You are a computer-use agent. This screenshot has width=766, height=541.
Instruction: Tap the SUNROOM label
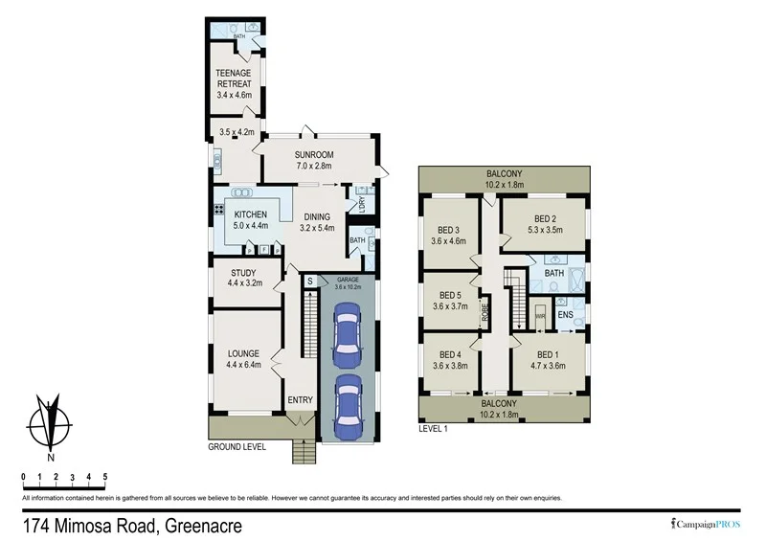313,155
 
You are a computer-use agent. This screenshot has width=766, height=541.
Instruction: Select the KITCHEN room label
250,214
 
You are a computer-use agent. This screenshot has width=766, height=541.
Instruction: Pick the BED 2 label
545,218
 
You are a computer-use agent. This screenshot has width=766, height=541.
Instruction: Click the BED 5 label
450,295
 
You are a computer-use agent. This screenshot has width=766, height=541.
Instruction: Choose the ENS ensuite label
565,313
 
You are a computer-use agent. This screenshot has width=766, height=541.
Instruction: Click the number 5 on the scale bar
104,476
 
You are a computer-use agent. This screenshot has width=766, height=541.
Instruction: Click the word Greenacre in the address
203,525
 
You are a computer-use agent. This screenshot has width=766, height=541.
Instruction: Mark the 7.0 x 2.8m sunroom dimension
313,167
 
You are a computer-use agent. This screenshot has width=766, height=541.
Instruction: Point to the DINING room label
316,217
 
